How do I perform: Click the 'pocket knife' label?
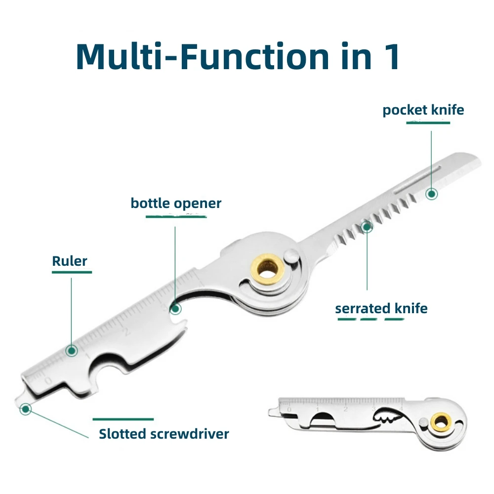[x=423, y=110]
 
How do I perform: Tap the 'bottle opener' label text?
[x=176, y=204]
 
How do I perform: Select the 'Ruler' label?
[x=69, y=261]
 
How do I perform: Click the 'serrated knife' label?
[x=381, y=308]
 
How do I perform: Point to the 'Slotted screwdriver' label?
[x=164, y=434]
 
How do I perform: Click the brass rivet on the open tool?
[x=267, y=270]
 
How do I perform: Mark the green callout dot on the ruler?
[x=72, y=350]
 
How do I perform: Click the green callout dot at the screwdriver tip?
[x=26, y=409]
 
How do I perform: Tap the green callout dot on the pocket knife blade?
[x=432, y=194]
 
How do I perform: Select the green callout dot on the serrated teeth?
[x=367, y=227]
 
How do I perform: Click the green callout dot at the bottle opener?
[x=175, y=309]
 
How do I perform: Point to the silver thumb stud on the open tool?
[x=291, y=256]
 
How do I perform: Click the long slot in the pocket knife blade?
[x=417, y=180]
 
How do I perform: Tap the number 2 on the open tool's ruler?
[x=126, y=332]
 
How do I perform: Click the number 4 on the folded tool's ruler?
[x=401, y=409]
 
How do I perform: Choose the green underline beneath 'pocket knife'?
[x=428, y=122]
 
